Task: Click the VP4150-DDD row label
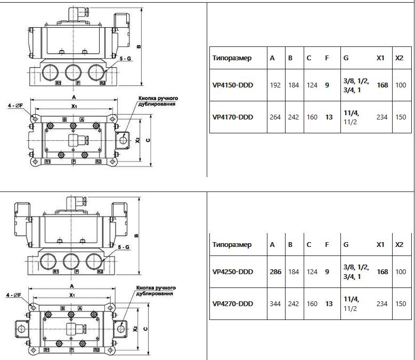coord(233,85)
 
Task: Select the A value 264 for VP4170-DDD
coord(275,117)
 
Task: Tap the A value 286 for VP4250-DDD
coord(275,272)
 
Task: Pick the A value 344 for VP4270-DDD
coord(275,303)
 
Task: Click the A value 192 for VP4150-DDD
coord(275,85)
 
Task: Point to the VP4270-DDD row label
coord(233,303)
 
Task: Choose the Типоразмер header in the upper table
coord(232,58)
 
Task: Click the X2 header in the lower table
coord(399,244)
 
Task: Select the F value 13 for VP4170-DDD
coord(329,117)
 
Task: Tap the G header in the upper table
coord(346,58)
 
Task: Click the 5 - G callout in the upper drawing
coord(125,59)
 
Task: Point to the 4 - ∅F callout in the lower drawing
coord(13,295)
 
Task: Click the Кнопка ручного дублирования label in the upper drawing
coord(158,101)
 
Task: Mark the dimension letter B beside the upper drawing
coord(139,47)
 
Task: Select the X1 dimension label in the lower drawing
coord(72,295)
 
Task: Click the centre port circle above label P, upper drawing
coord(73,72)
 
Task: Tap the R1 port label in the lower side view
coord(56,271)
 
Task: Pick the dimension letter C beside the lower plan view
coord(145,329)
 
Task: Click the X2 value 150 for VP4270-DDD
coord(401,303)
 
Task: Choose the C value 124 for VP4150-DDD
coord(312,85)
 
